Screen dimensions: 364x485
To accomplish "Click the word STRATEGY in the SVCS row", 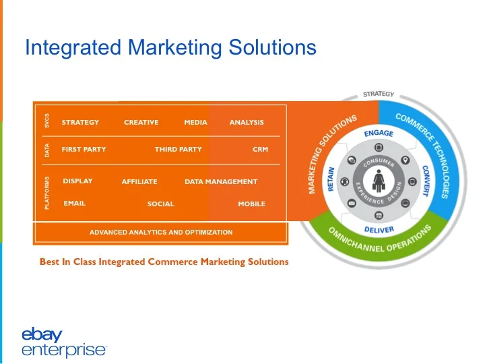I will pyautogui.click(x=80, y=122).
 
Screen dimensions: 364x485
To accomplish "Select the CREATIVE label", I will pyautogui.click(x=141, y=122).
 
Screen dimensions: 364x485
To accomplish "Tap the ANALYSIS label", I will pyautogui.click(x=247, y=122).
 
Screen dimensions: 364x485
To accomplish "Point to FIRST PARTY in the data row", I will pyautogui.click(x=84, y=149).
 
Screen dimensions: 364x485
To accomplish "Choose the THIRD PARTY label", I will pyautogui.click(x=178, y=149).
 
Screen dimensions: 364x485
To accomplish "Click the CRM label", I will pyautogui.click(x=260, y=149).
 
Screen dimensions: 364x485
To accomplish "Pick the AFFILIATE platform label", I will pyautogui.click(x=139, y=182).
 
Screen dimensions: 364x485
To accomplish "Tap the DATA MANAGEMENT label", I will pyautogui.click(x=221, y=182).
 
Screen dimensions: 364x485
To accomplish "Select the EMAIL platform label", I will pyautogui.click(x=74, y=203).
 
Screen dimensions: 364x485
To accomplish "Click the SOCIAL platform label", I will pyautogui.click(x=160, y=204).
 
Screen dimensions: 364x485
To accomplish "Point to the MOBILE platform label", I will pyautogui.click(x=251, y=204).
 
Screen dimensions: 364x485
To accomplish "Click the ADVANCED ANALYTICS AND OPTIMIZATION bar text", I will pyautogui.click(x=161, y=232).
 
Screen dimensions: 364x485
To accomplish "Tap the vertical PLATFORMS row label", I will pyautogui.click(x=47, y=193).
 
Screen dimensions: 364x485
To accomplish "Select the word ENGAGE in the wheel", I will pyautogui.click(x=379, y=133).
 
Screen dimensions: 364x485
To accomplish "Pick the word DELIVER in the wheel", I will pyautogui.click(x=379, y=229).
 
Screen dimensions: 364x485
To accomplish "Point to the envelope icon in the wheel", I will pyautogui.click(x=352, y=202).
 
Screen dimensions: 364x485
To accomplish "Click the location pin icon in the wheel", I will pyautogui.click(x=405, y=160).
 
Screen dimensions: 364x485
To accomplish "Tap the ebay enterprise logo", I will pyautogui.click(x=63, y=342).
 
